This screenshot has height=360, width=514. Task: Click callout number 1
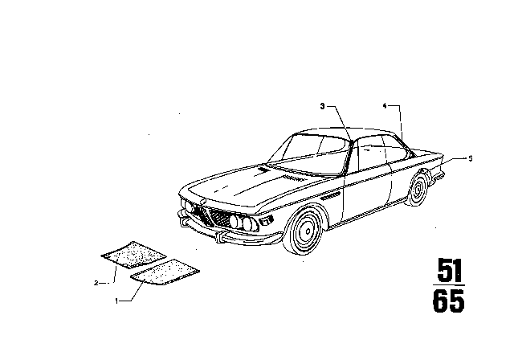click(116, 301)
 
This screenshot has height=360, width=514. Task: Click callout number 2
click(96, 283)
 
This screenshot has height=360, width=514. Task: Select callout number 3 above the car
click(323, 106)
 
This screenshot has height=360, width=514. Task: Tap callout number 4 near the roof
click(385, 105)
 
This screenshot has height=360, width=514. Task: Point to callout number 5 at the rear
click(471, 158)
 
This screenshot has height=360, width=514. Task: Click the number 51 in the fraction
click(449, 271)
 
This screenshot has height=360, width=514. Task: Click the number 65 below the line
click(448, 301)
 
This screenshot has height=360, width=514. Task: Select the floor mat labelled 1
click(165, 272)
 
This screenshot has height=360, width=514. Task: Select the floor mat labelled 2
click(133, 255)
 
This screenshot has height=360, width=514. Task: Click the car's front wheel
click(305, 231)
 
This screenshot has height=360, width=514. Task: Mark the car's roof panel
click(348, 132)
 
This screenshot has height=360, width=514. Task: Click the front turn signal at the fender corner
click(266, 220)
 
